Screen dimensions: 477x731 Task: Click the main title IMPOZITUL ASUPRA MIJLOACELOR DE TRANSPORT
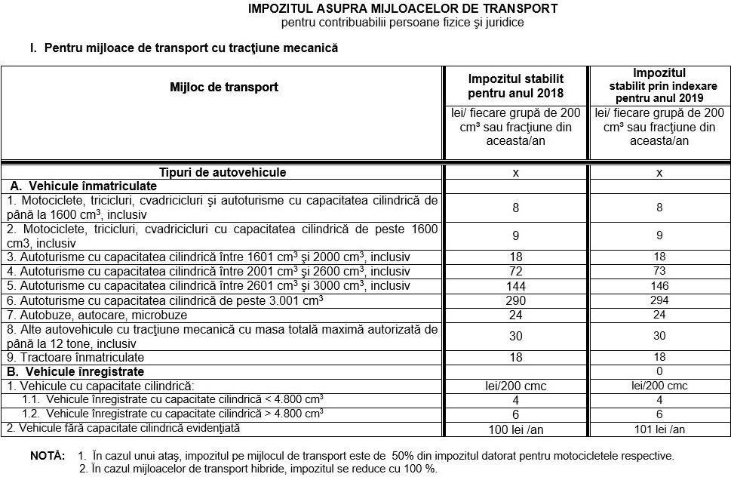[x=403, y=9]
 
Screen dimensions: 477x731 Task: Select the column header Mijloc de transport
[x=224, y=87]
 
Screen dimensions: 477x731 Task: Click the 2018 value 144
[x=516, y=286]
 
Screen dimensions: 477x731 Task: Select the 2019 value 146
[x=659, y=286]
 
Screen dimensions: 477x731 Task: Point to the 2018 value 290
[x=516, y=300]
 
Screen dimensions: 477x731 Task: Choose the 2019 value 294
[x=659, y=300]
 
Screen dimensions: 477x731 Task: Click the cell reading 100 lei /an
[x=516, y=429]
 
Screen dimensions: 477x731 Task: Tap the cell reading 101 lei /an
[x=659, y=429]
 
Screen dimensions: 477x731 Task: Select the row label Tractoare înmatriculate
[x=75, y=357]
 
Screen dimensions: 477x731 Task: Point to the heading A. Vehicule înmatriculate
[x=83, y=186]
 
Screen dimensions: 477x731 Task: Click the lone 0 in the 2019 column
[x=659, y=371]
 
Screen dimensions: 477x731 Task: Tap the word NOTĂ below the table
[x=48, y=457]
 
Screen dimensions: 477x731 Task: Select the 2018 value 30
[x=516, y=336]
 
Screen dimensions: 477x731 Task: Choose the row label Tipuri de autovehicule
[x=223, y=172]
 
